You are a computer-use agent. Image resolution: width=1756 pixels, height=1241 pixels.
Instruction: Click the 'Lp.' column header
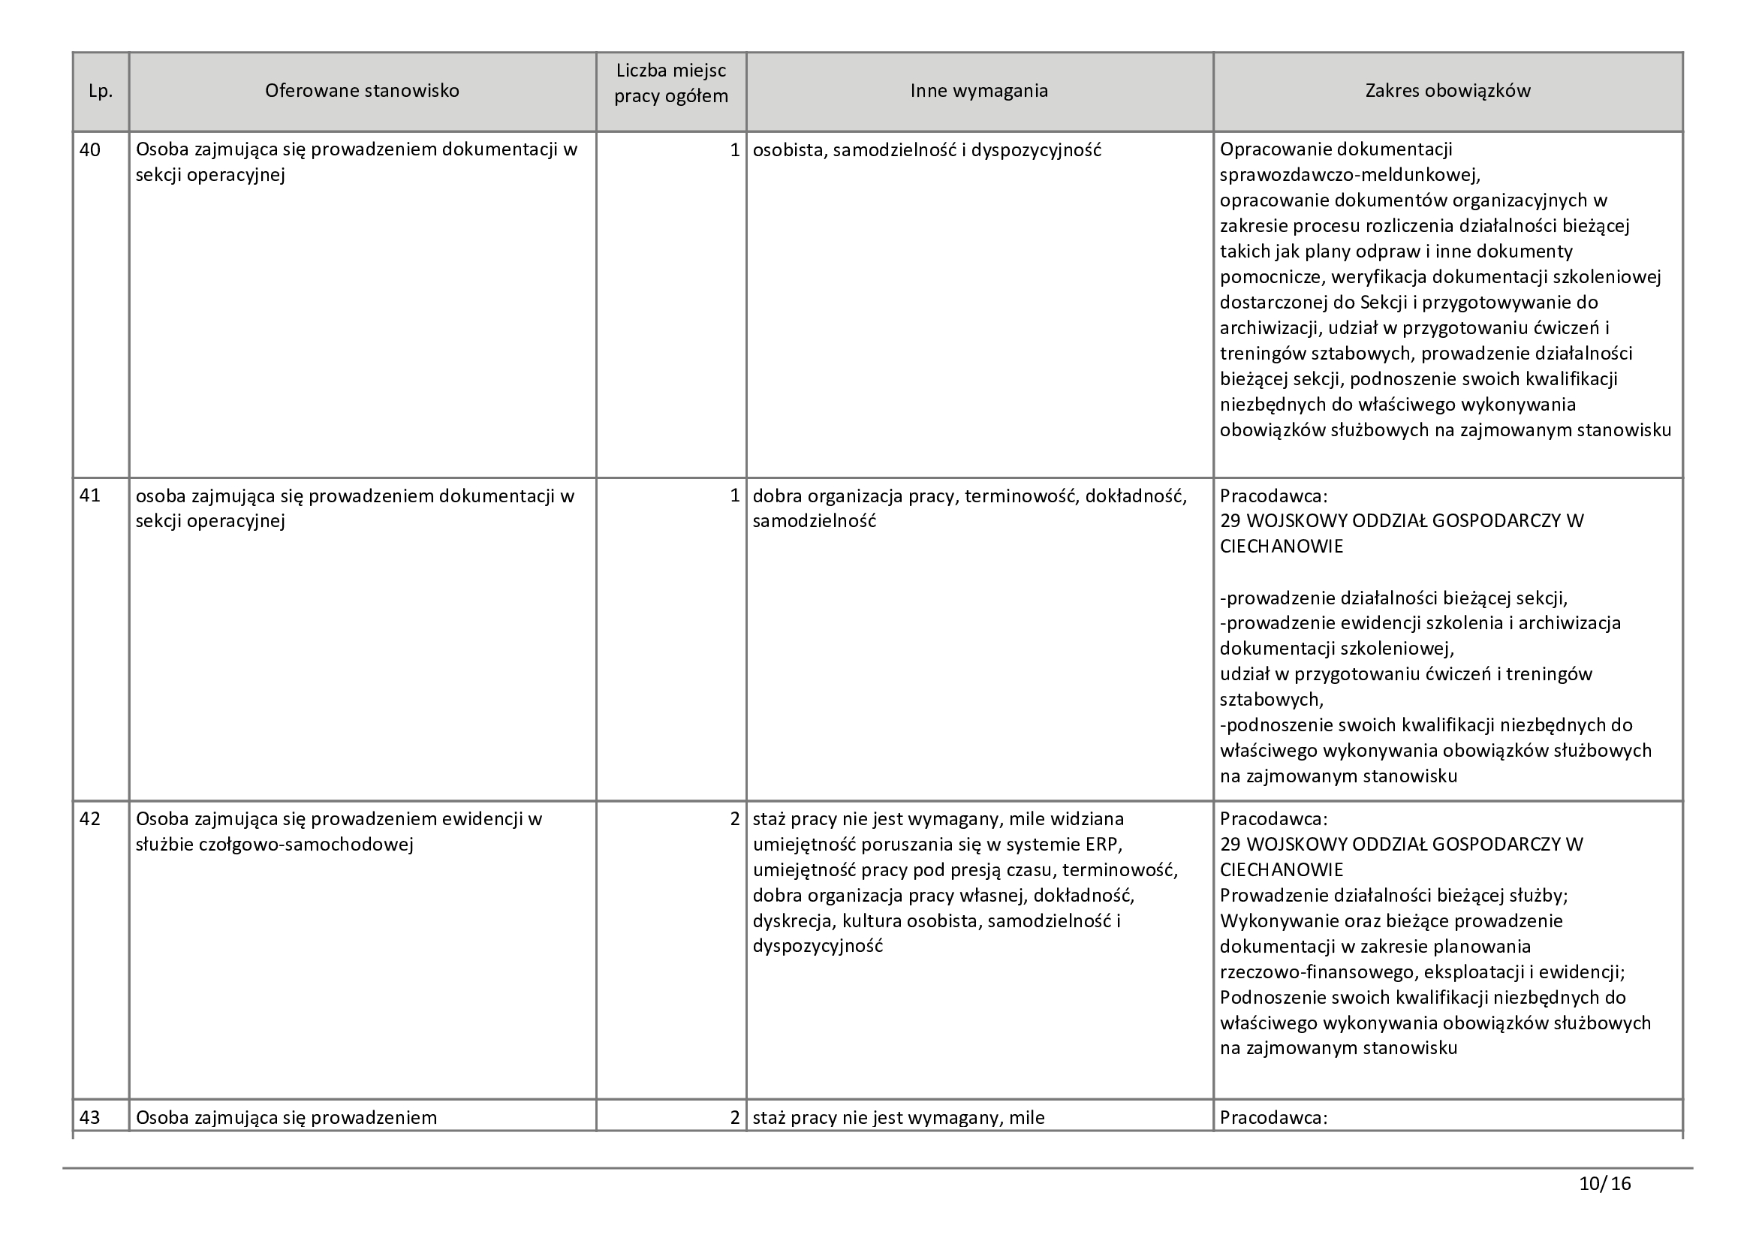(100, 91)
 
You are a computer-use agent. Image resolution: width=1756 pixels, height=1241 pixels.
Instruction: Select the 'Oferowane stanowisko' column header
(362, 91)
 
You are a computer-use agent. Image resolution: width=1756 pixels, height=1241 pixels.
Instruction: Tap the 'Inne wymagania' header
(979, 91)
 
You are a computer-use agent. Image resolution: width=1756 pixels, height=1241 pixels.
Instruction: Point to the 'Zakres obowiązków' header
(1447, 91)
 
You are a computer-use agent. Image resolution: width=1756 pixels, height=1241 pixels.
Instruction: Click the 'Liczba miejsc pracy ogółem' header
(670, 84)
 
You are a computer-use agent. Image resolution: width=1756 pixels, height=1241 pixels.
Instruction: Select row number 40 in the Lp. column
(90, 150)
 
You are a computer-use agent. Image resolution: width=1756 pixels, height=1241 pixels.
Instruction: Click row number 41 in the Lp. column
(90, 495)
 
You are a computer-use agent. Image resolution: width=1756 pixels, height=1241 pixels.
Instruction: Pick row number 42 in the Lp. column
(90, 819)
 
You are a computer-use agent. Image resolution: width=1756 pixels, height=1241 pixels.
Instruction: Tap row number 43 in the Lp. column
(90, 1117)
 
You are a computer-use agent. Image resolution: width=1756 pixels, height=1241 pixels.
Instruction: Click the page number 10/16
(1604, 1184)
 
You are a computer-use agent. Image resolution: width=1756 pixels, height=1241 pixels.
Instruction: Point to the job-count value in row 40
(735, 150)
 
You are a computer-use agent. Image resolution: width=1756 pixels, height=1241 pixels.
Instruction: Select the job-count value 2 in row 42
(735, 819)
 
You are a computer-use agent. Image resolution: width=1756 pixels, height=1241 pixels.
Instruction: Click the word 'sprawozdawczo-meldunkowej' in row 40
(1349, 175)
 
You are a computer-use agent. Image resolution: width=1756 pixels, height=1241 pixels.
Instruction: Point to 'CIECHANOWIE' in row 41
(1281, 547)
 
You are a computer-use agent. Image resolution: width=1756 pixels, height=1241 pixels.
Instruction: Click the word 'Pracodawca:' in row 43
(1273, 1117)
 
